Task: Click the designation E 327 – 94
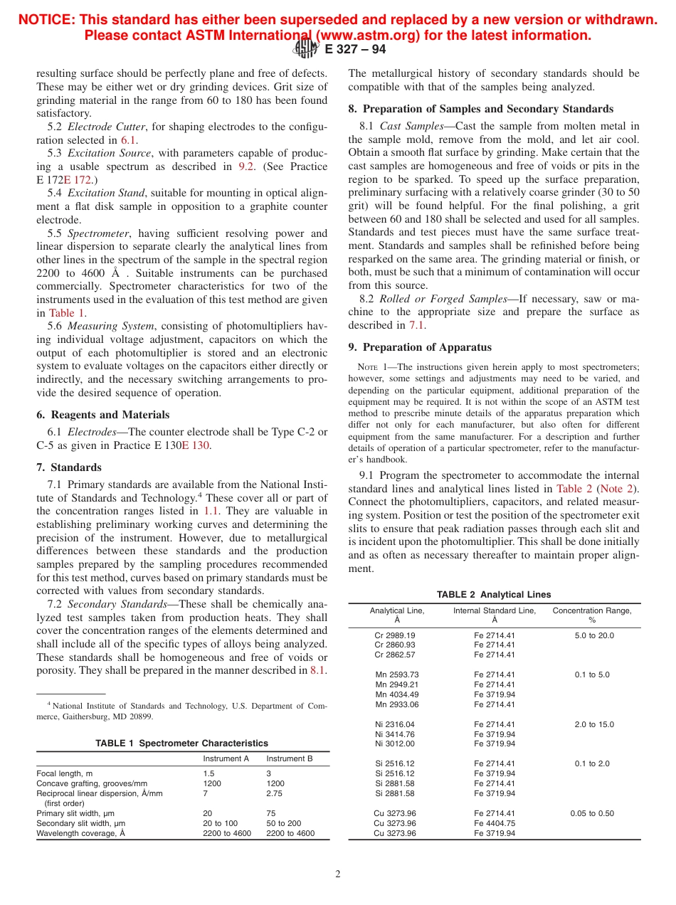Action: pos(355,49)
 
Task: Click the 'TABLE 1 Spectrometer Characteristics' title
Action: pos(182,743)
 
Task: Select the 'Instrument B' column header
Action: pos(290,758)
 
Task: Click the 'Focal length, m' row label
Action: pos(64,773)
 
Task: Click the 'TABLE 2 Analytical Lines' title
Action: pos(494,595)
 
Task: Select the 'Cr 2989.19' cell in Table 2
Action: pos(395,635)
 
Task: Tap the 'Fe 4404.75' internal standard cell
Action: pos(495,823)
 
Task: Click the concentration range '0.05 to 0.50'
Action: pos(592,813)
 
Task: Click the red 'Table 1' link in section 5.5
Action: pos(67,312)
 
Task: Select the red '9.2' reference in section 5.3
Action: pos(245,166)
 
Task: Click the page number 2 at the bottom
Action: pos(338,874)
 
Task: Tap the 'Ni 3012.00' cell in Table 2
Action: pos(395,744)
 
